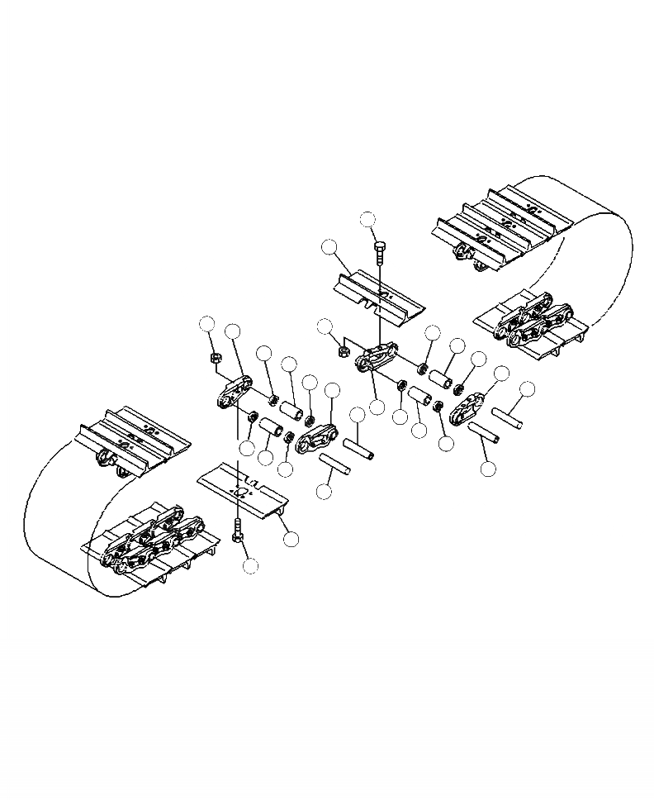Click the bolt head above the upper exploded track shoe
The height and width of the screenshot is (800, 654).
(x=379, y=245)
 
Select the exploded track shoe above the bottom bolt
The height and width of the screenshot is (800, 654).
(x=241, y=494)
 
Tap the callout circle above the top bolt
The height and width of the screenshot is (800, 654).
(x=368, y=219)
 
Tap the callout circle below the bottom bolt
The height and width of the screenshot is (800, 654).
(x=250, y=565)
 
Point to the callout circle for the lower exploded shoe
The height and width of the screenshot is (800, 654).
(x=290, y=538)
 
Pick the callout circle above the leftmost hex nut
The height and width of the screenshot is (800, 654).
(x=208, y=324)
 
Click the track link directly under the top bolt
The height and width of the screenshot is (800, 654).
(x=376, y=361)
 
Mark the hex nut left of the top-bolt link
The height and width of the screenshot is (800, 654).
(x=343, y=350)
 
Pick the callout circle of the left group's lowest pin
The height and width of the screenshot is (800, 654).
(x=324, y=490)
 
